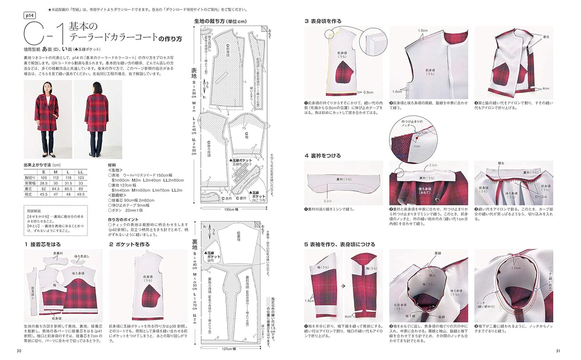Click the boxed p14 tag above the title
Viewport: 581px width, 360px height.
29,15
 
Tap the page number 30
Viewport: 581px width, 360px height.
19,351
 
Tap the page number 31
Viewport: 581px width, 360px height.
558,351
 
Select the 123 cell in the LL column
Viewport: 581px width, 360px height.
81,178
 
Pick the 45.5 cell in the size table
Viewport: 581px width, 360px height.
43,194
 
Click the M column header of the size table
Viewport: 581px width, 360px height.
56,172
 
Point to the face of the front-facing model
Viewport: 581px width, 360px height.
48,87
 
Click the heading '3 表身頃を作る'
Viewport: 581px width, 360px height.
323,21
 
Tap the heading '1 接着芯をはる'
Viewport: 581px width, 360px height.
43,244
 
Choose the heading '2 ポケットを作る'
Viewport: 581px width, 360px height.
129,244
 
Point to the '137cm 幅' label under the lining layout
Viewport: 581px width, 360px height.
230,349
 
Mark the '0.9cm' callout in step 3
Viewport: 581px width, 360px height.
368,93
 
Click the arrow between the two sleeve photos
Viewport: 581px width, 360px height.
343,286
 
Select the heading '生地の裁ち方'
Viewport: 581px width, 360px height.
220,21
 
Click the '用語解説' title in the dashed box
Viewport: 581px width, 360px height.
34,211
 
